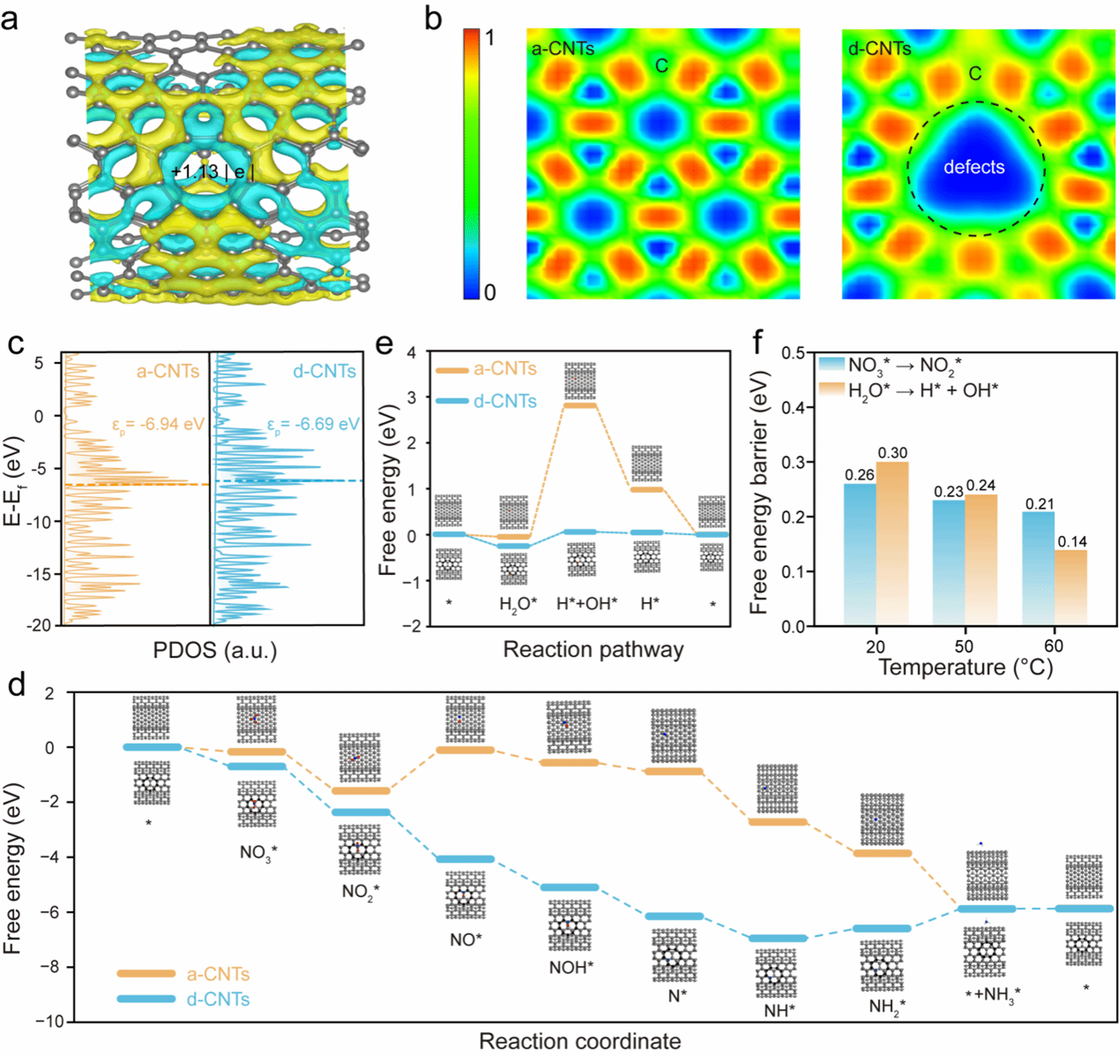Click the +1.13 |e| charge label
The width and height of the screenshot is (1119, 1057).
click(213, 172)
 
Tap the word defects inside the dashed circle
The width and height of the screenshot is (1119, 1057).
click(974, 167)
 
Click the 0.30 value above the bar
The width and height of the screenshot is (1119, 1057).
click(892, 453)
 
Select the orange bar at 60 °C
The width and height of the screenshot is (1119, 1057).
click(1071, 587)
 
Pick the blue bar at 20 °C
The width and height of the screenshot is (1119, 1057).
click(860, 554)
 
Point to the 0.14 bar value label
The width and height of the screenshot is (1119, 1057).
click(1072, 541)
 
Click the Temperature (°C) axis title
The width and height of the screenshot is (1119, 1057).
click(965, 667)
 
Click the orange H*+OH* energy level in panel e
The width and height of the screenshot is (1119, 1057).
click(581, 405)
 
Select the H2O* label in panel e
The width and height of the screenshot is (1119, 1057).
click(518, 604)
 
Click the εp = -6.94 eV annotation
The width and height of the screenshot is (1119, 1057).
click(158, 424)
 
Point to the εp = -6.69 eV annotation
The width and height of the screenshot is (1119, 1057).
click(313, 424)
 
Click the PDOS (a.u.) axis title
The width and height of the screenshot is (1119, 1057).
click(215, 650)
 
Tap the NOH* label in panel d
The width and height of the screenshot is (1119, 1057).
click(571, 967)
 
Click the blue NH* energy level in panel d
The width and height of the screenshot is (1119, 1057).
click(778, 938)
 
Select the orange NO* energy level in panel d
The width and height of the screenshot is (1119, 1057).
click(466, 749)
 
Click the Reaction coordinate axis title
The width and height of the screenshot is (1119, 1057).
click(580, 1041)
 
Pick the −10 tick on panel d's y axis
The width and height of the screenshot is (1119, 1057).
click(50, 1021)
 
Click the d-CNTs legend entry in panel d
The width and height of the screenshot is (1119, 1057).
click(218, 999)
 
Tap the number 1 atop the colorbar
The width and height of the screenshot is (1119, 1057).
click(490, 38)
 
